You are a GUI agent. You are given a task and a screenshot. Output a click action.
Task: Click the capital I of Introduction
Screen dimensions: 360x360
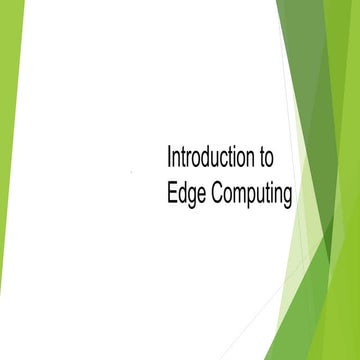(169, 157)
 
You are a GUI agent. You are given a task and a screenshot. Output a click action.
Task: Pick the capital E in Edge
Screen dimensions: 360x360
(172, 191)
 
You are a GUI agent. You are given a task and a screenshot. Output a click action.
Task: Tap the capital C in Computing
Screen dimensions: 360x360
(220, 191)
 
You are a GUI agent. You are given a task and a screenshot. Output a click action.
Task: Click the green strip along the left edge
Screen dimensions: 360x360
(9, 150)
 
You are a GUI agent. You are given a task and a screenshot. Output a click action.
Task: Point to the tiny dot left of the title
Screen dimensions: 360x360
(132, 172)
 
